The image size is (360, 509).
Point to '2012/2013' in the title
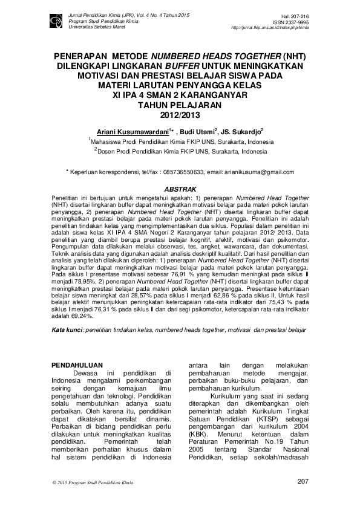point(179,114)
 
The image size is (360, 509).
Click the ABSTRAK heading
point(180,189)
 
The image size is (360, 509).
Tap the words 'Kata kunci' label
point(67,330)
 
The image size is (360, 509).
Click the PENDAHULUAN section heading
point(74,365)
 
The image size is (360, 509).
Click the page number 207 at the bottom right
point(303,481)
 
